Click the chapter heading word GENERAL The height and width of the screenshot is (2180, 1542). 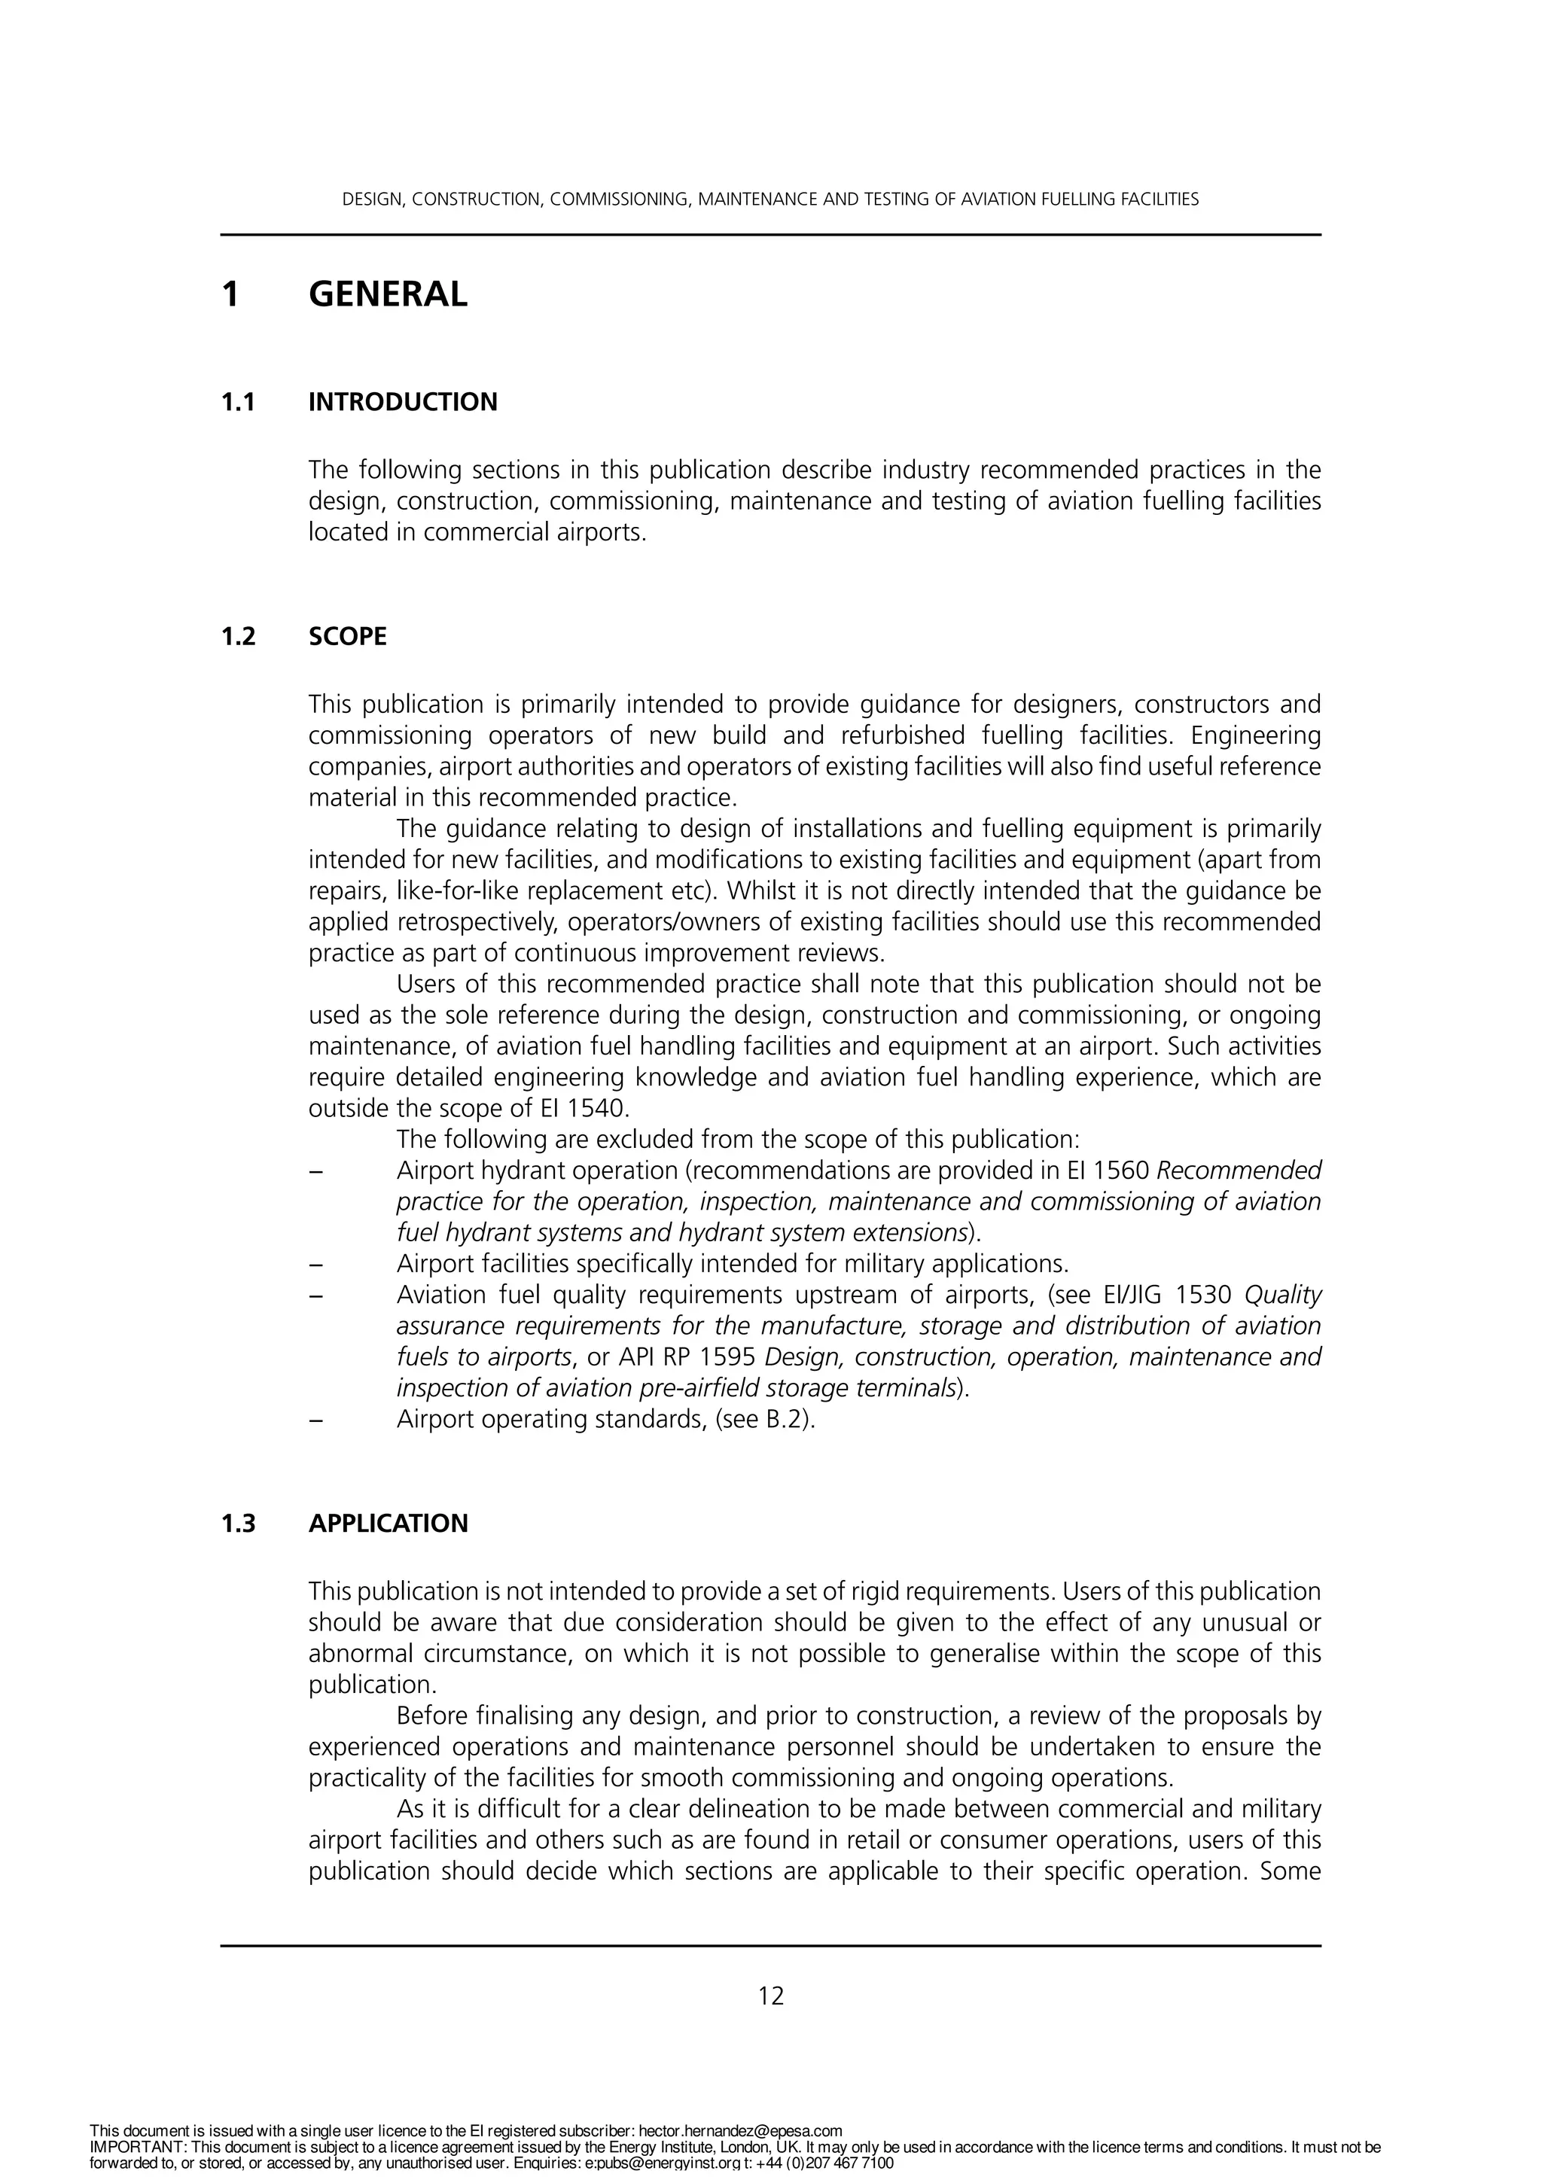pyautogui.click(x=388, y=294)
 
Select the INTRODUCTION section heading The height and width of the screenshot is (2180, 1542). pyautogui.click(x=403, y=402)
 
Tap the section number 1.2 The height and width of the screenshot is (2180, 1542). pyautogui.click(x=239, y=636)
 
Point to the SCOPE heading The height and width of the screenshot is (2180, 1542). pyautogui.click(x=348, y=636)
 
